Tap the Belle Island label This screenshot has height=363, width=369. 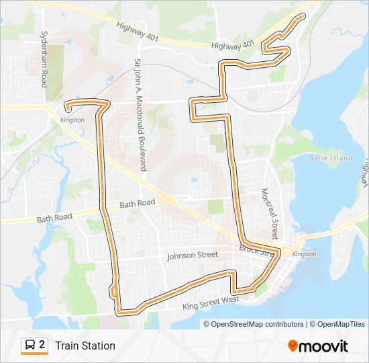coord(331,158)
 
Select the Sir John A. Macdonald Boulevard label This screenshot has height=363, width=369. coord(139,115)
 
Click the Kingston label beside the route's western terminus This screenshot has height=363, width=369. coord(72,120)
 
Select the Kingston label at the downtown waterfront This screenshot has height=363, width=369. coord(305,254)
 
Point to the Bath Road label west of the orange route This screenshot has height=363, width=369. coord(54,218)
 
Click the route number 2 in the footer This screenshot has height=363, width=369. coord(42,345)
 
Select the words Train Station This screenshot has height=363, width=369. coord(85,346)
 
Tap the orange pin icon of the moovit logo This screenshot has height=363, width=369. coord(293,345)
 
